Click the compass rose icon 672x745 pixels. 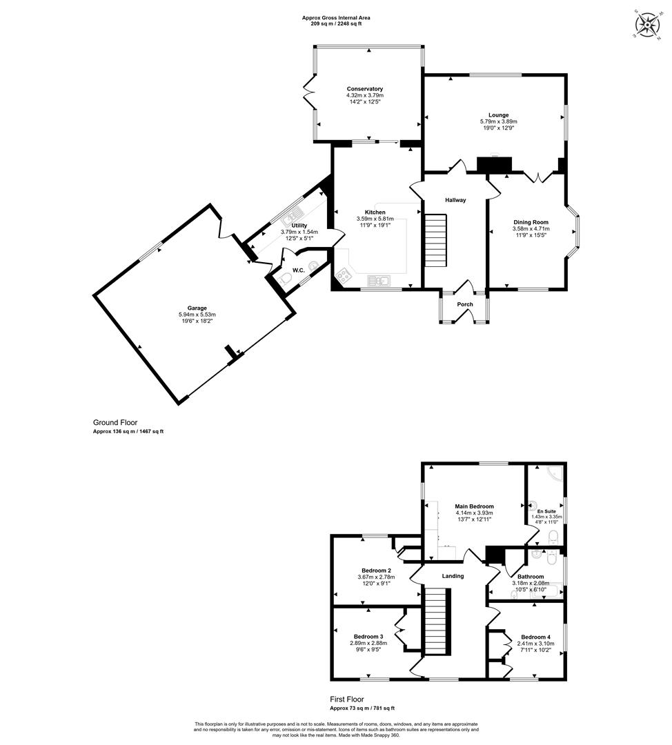click(x=646, y=24)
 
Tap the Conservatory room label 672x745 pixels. click(x=364, y=89)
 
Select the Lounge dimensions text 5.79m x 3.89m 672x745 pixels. click(x=499, y=121)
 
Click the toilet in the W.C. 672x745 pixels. click(x=286, y=278)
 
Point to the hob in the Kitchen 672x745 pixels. click(x=343, y=275)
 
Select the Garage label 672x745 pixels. click(x=197, y=308)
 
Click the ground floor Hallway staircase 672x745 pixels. click(x=436, y=241)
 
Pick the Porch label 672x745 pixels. click(x=465, y=305)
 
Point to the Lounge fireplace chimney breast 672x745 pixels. click(x=495, y=165)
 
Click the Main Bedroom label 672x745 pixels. click(x=474, y=506)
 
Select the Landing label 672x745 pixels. click(x=453, y=576)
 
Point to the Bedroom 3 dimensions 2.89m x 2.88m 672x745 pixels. click(x=368, y=644)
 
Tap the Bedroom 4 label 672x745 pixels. click(x=535, y=637)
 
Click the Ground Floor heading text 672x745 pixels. click(x=115, y=422)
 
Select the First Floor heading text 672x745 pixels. click(x=347, y=699)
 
